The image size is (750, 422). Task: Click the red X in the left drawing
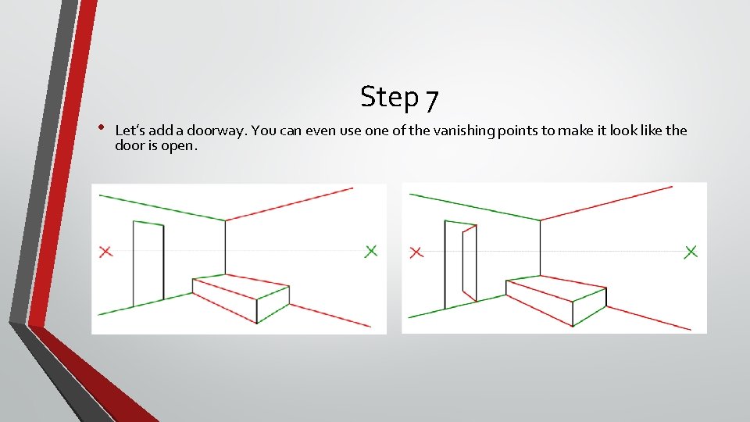coord(106,251)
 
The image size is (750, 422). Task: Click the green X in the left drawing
coord(371,250)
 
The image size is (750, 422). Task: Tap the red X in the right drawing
coord(416,251)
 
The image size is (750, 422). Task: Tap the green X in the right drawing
coord(691,251)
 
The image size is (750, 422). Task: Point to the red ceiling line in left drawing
coord(289,204)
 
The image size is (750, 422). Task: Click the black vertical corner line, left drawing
coord(226,246)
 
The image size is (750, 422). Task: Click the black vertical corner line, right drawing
coord(539,247)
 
